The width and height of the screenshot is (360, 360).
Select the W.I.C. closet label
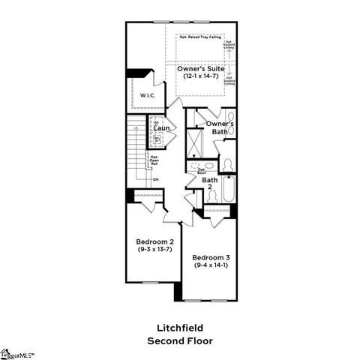(x=146, y=95)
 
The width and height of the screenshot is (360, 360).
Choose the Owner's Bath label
(x=220, y=127)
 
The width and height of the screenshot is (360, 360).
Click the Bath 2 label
(x=210, y=183)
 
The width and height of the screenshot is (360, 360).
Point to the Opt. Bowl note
(x=202, y=171)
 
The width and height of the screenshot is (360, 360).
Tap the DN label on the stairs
(x=155, y=180)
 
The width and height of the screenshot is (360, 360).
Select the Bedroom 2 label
(x=154, y=241)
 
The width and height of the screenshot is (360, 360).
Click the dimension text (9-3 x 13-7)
(x=154, y=250)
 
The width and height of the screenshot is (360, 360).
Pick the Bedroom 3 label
(x=212, y=257)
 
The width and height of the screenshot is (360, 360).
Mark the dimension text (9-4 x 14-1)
(x=212, y=265)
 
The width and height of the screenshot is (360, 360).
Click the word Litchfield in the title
(x=180, y=328)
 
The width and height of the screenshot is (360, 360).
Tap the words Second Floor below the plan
(x=180, y=340)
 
